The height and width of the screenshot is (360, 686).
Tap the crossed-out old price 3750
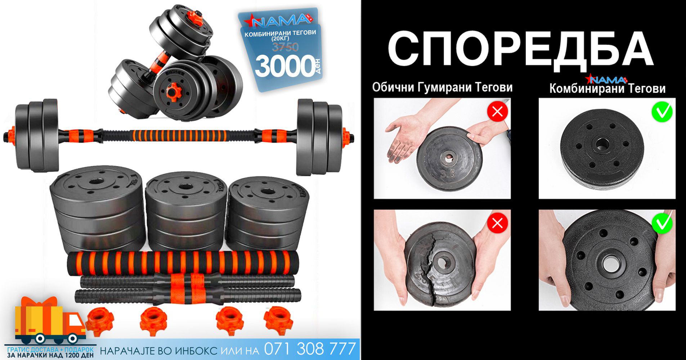pos(285,47)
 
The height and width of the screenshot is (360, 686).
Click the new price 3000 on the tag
pos(284,66)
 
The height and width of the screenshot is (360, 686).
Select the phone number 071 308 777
pos(310,349)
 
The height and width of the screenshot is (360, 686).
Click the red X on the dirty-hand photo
pos(497,112)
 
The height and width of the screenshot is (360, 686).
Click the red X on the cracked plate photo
pos(497,224)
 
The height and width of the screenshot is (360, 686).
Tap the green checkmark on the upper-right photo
pos(662,112)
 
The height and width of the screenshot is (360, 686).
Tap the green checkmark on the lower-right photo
pos(662,223)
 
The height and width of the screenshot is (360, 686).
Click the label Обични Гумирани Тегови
pos(442,87)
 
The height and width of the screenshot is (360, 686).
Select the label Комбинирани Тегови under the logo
pos(607,89)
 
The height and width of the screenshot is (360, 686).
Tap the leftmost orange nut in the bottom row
pos(100,320)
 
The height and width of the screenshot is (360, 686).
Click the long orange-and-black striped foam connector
pos(183,263)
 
